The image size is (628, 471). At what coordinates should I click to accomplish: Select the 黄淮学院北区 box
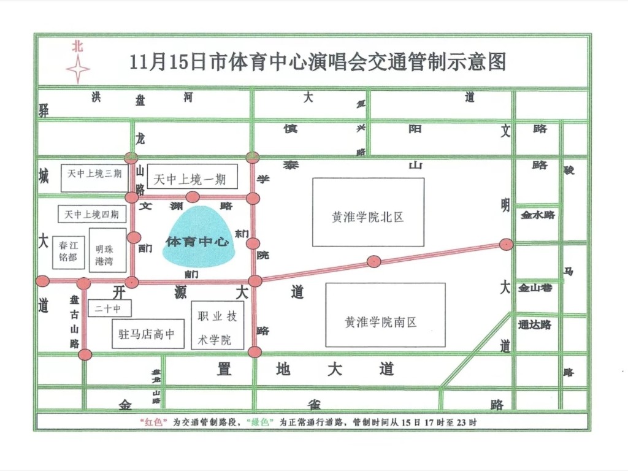click(x=368, y=212)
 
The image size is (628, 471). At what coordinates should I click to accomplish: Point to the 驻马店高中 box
click(x=147, y=334)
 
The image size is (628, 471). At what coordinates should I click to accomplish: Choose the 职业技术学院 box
click(x=217, y=325)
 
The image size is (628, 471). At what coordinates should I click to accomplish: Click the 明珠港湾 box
click(x=107, y=250)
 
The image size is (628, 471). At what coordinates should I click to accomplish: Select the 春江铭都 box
click(x=68, y=251)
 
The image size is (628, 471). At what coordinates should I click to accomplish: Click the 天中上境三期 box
click(x=94, y=174)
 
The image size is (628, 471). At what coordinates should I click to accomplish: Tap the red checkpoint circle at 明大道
click(x=506, y=244)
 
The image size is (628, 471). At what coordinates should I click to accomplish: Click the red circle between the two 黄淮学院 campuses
click(x=373, y=261)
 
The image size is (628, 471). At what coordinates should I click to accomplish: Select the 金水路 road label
click(x=538, y=215)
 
